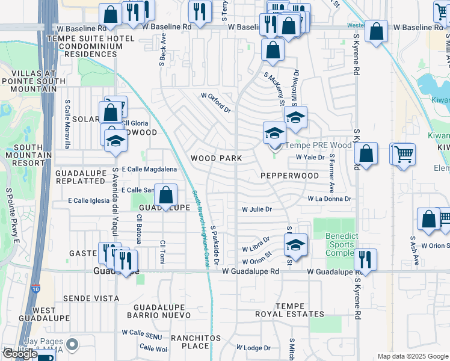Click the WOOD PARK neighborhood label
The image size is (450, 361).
point(216,158)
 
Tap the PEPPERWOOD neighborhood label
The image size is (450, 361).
point(289,176)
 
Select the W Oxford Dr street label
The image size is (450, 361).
point(215,103)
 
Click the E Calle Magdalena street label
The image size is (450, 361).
point(149,170)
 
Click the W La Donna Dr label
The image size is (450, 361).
point(329,198)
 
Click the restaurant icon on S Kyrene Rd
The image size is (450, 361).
point(365,259)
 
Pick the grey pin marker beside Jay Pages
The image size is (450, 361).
point(73,345)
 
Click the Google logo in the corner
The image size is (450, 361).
point(20,354)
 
